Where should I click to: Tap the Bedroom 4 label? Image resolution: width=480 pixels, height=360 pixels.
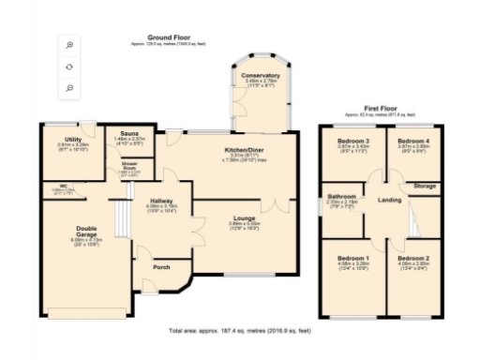point(413,141)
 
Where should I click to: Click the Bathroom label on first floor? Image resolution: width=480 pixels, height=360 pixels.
point(341,196)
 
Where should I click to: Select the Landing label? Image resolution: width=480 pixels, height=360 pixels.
point(389,200)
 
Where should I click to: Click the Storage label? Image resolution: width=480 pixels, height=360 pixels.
point(425,187)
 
